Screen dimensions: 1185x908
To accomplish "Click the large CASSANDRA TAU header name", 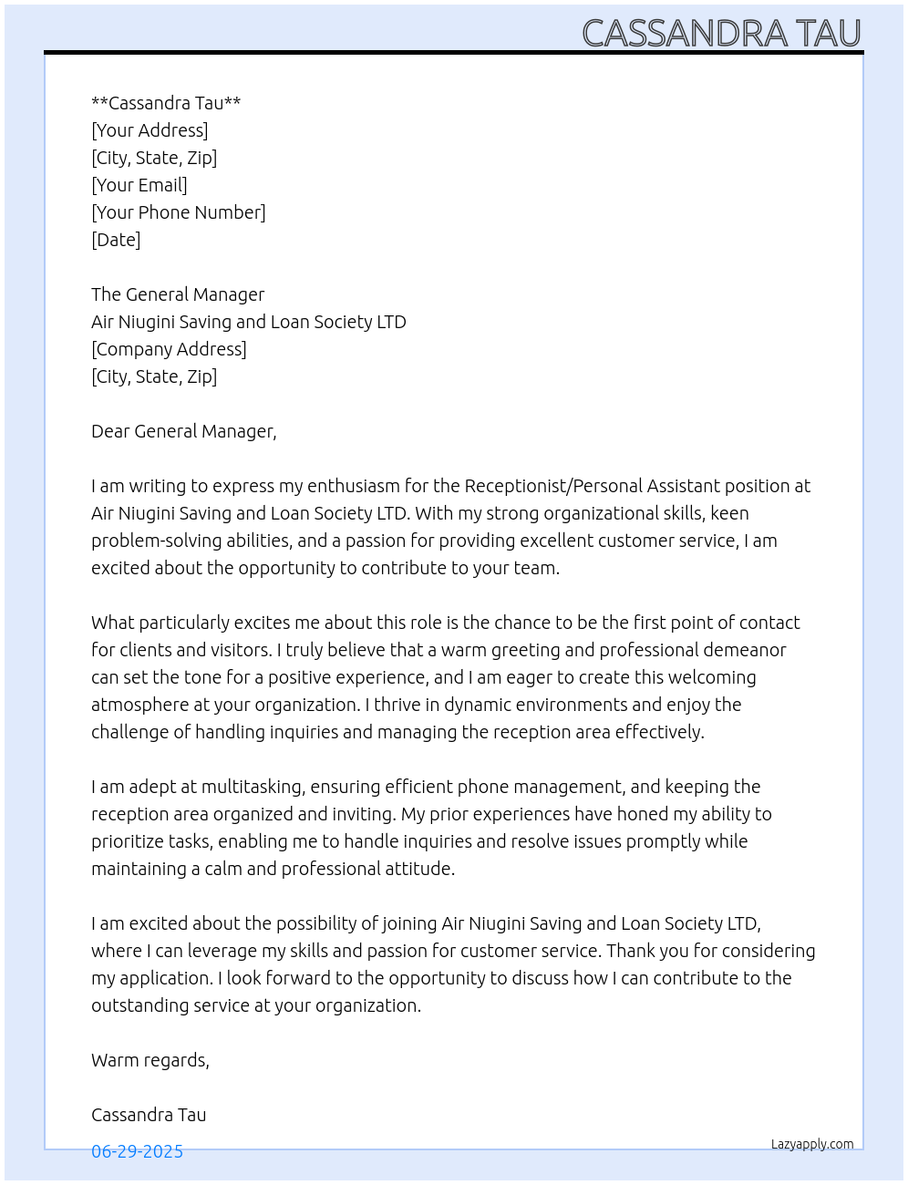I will pyautogui.click(x=721, y=34).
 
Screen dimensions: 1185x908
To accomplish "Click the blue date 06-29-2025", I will pyautogui.click(x=137, y=1151).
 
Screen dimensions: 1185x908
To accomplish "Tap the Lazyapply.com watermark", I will pyautogui.click(x=812, y=1144).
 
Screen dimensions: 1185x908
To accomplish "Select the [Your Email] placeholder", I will pyautogui.click(x=139, y=185).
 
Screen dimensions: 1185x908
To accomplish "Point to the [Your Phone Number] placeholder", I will pyautogui.click(x=179, y=212).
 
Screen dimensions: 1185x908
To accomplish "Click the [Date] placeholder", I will pyautogui.click(x=116, y=240).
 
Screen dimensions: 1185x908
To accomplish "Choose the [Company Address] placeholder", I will pyautogui.click(x=169, y=349).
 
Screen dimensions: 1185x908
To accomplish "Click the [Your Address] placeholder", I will pyautogui.click(x=150, y=130).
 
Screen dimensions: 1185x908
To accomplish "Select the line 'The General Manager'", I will pyautogui.click(x=178, y=294).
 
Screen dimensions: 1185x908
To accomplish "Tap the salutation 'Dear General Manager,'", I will pyautogui.click(x=183, y=431).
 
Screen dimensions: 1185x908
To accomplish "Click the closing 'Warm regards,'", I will pyautogui.click(x=150, y=1060).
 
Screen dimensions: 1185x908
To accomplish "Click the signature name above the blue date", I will pyautogui.click(x=149, y=1115).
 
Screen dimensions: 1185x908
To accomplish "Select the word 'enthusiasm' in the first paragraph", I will pyautogui.click(x=354, y=486).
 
